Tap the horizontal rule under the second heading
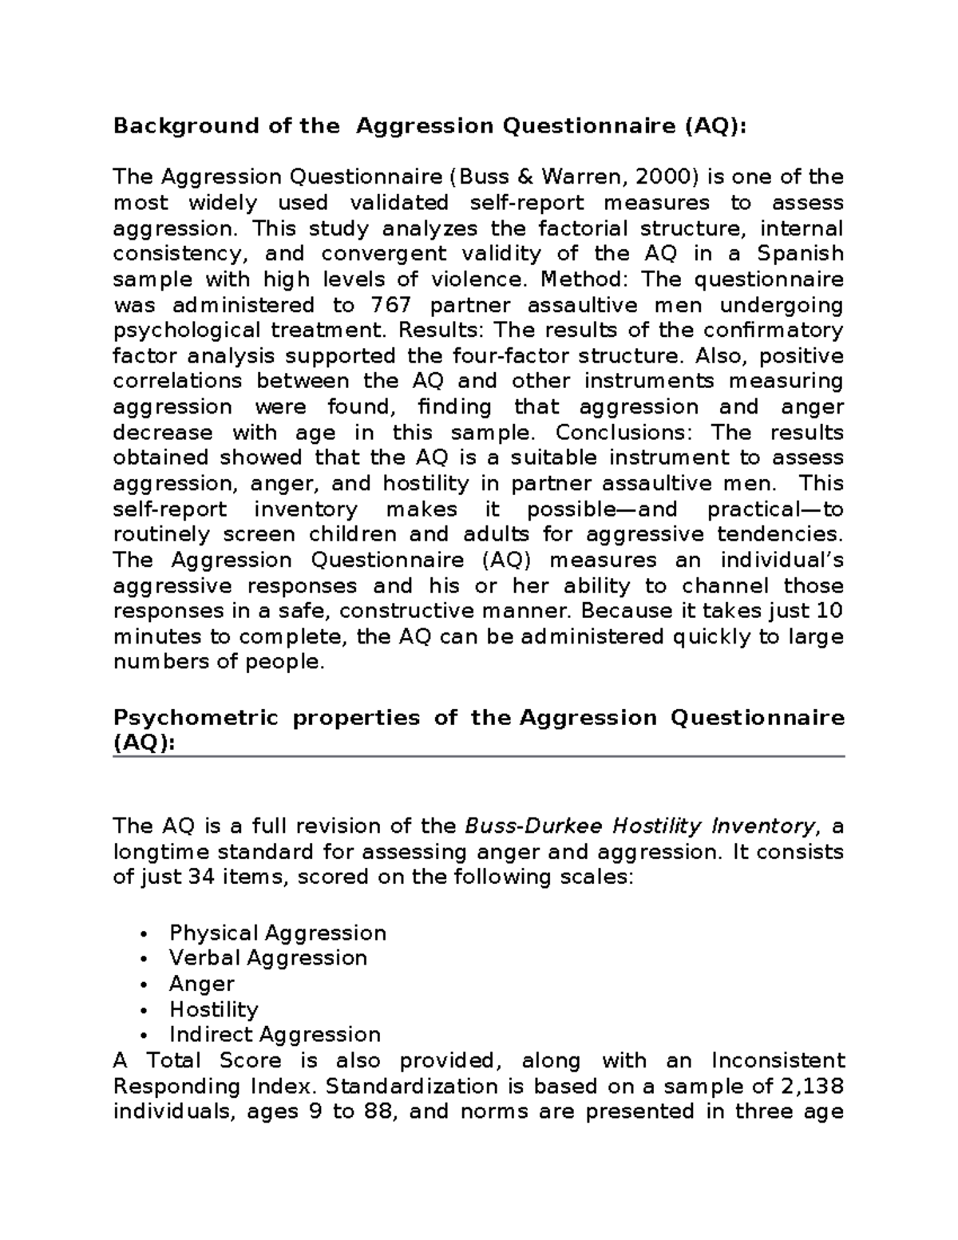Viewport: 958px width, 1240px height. (478, 756)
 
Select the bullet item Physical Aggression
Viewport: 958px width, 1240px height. (277, 933)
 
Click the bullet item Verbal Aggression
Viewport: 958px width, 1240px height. (267, 958)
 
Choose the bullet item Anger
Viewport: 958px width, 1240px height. (201, 984)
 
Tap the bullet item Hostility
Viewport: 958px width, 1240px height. (213, 1009)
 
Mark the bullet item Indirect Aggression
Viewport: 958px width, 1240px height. (275, 1035)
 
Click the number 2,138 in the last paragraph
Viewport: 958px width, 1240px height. (814, 1086)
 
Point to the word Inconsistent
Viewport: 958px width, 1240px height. (778, 1060)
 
